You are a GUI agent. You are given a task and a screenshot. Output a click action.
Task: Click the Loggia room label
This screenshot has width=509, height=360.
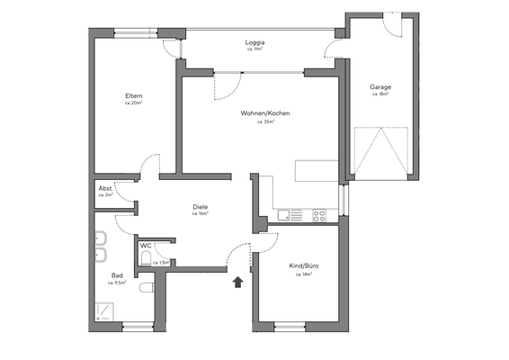coord(254,43)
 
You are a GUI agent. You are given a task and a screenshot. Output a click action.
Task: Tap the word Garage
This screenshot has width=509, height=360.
coord(380,87)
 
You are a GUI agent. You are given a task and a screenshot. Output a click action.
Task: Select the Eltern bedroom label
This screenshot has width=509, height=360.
coord(134,96)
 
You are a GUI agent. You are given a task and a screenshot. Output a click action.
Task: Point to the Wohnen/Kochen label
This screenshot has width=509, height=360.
coord(265,113)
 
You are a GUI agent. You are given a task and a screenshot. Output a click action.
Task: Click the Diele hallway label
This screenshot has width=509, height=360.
coord(201,207)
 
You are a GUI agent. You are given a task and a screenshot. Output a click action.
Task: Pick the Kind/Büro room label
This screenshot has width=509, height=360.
coord(303,265)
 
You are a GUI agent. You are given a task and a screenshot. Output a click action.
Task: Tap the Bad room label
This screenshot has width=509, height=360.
coord(117,275)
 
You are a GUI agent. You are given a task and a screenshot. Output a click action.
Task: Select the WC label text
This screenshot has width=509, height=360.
coord(146,245)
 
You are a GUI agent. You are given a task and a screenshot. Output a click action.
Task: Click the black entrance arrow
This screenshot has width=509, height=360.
coord(238,283)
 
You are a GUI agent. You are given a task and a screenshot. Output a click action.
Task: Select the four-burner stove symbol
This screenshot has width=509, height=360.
coord(318,215)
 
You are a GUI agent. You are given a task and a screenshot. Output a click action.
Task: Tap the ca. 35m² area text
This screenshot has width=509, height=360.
coord(265,121)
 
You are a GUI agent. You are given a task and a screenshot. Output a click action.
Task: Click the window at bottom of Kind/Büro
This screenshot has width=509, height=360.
coord(295,324)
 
